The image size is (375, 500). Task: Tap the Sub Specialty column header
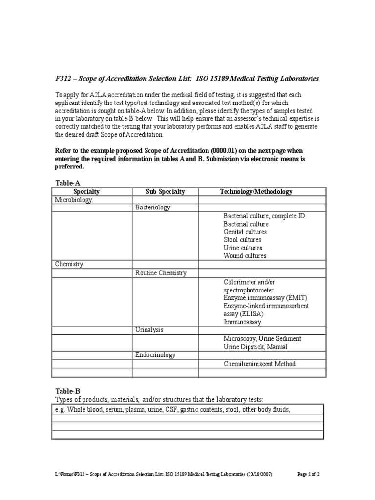(x=165, y=192)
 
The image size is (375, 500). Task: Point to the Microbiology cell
(x=73, y=200)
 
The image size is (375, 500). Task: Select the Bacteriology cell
(x=152, y=208)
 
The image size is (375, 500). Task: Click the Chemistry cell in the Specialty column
(x=69, y=264)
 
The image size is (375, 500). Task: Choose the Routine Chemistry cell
(x=161, y=273)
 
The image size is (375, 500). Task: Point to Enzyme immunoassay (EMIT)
(x=266, y=298)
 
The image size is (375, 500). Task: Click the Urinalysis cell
(x=149, y=330)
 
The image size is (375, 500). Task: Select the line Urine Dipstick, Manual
(x=255, y=347)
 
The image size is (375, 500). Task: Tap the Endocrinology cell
(x=155, y=355)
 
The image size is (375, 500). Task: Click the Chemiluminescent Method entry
(x=260, y=364)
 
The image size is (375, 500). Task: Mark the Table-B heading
(x=67, y=391)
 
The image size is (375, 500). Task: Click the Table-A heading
(x=67, y=183)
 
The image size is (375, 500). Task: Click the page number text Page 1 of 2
(x=309, y=474)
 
